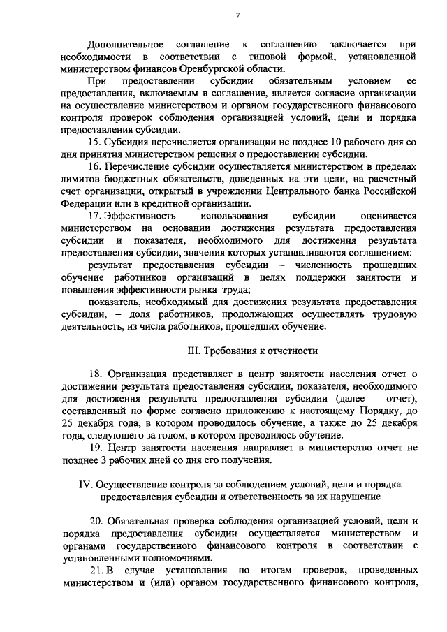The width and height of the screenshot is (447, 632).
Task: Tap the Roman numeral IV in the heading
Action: click(x=80, y=485)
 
